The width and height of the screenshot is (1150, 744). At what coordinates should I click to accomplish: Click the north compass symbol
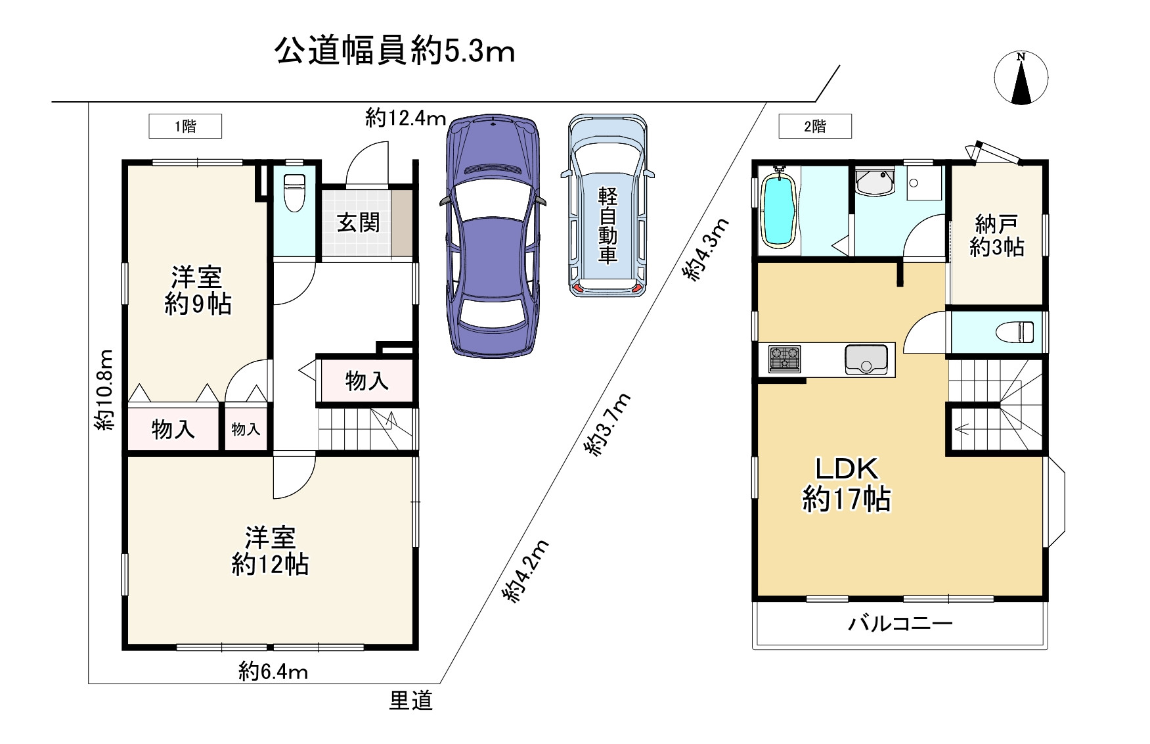(1021, 78)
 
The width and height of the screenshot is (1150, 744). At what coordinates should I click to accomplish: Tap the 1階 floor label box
(185, 126)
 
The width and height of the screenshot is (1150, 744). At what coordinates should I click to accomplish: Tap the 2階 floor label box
(815, 126)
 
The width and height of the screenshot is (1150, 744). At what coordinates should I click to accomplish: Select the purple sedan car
(493, 237)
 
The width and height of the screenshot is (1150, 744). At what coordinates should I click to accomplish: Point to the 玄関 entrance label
(358, 223)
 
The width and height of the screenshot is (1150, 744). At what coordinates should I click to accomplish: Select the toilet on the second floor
(1015, 332)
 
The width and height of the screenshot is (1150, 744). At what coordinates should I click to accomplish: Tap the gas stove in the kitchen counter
(785, 360)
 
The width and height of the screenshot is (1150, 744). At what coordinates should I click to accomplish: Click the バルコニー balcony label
(900, 623)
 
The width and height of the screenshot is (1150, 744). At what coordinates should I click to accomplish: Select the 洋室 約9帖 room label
(197, 290)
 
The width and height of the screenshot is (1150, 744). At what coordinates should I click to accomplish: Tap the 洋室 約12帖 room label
(270, 551)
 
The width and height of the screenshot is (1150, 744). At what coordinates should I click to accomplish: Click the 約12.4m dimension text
(405, 119)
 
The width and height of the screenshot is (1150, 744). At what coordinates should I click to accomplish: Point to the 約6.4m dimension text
(273, 672)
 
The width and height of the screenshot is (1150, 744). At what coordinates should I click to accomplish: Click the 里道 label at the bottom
(411, 701)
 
